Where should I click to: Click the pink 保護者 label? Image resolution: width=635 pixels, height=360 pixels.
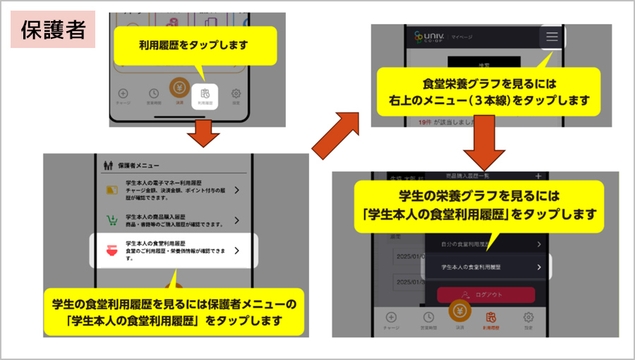tap(53, 30)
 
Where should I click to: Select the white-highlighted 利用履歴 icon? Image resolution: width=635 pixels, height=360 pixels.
tap(205, 96)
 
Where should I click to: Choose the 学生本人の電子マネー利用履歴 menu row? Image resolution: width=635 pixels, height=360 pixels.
tap(174, 191)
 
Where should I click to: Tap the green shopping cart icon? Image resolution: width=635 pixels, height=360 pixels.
tap(111, 220)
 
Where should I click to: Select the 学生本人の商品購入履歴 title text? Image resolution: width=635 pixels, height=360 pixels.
tap(154, 217)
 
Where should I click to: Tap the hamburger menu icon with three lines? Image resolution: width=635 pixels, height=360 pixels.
tap(552, 37)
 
